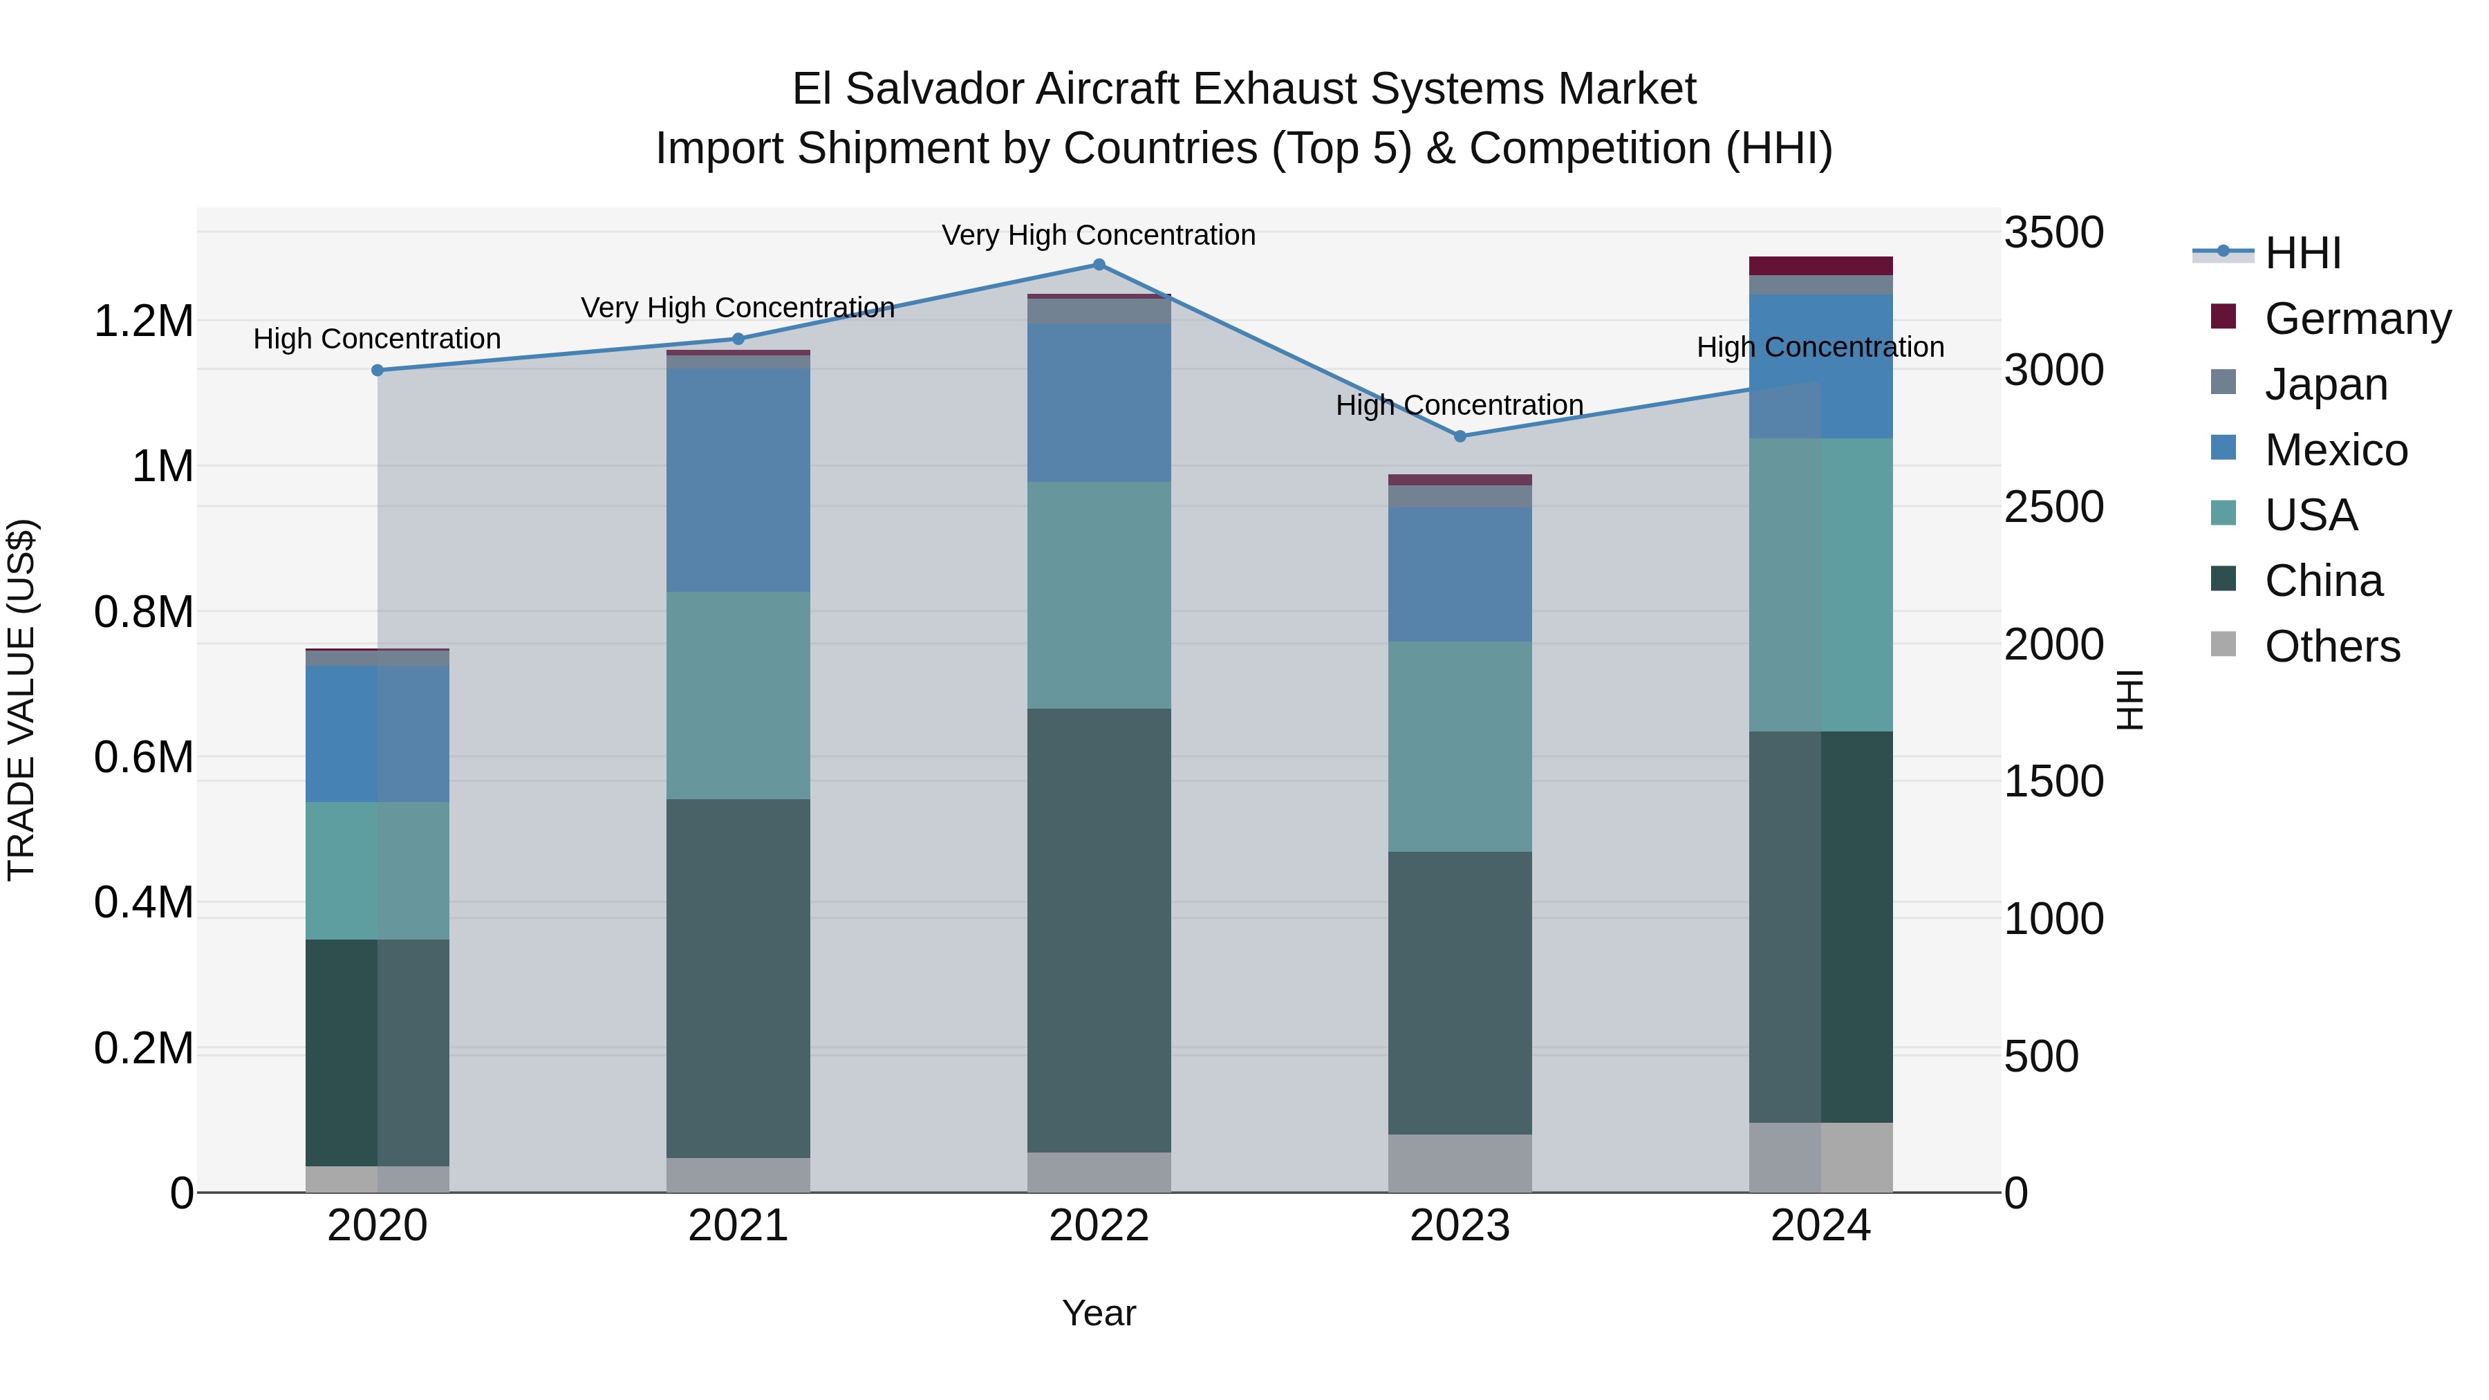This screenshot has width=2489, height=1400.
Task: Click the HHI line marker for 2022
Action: [1099, 265]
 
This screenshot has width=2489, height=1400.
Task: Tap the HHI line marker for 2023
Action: [1460, 437]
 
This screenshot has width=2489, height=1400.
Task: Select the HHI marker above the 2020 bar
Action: [377, 370]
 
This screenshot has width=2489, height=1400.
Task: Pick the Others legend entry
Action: [2331, 646]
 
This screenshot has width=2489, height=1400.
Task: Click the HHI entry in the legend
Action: [2302, 253]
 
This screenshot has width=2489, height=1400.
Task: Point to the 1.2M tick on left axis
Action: [143, 321]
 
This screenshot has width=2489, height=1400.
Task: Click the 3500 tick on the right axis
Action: [2053, 233]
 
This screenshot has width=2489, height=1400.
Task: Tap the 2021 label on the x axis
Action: [738, 1226]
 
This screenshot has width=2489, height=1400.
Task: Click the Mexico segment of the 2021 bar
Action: [738, 480]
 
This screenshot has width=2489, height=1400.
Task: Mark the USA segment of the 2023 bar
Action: [1460, 746]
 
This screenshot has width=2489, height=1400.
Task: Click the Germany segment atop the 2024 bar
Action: [1820, 265]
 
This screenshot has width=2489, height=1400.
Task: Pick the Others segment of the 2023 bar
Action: [1460, 1164]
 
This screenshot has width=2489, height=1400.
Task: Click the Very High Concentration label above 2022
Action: [1099, 235]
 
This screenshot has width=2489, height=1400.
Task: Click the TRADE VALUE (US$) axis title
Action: [21, 700]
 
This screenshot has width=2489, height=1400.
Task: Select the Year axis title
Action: [1099, 1313]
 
